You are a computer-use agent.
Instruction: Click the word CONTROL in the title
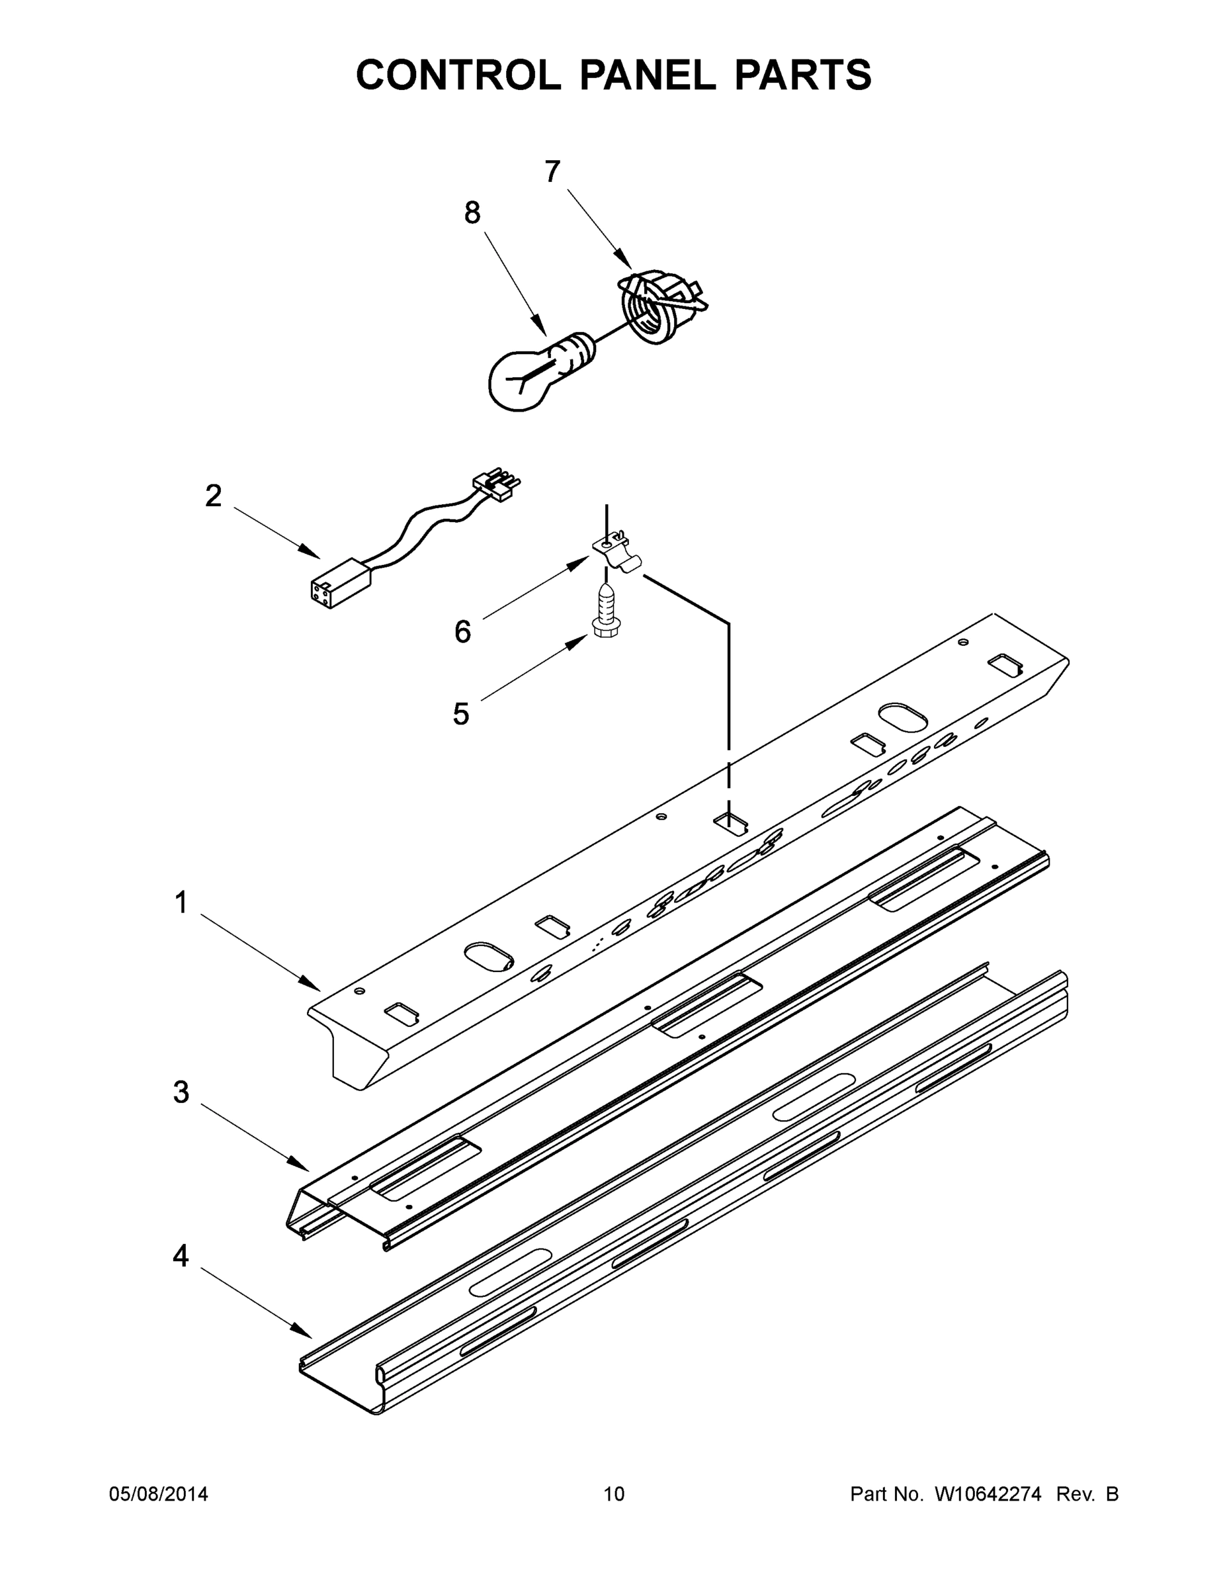point(458,75)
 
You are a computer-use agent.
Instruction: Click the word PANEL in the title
point(648,75)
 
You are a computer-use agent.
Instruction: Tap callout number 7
point(552,172)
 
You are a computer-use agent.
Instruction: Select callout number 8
point(472,213)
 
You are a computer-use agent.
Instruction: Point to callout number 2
point(213,496)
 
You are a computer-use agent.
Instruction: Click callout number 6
point(462,632)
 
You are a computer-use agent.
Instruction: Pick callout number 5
point(461,714)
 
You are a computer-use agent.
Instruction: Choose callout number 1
point(181,903)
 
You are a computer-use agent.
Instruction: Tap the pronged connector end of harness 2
point(498,486)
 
